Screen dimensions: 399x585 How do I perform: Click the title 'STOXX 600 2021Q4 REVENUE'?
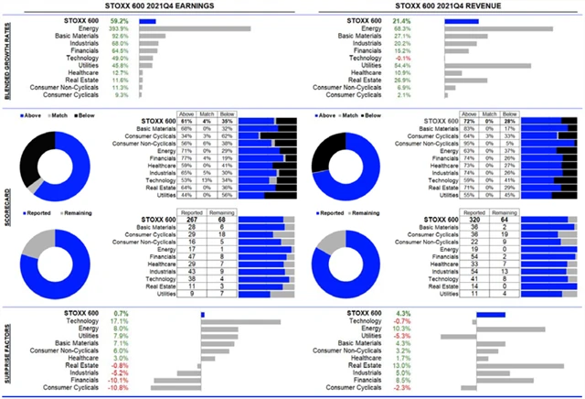(441, 6)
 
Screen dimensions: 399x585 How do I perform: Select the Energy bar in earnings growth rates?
(195, 28)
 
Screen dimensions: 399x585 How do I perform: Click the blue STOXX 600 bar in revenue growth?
(461, 19)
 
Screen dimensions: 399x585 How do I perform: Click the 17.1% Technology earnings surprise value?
(119, 321)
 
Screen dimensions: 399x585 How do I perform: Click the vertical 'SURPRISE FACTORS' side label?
(6, 351)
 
